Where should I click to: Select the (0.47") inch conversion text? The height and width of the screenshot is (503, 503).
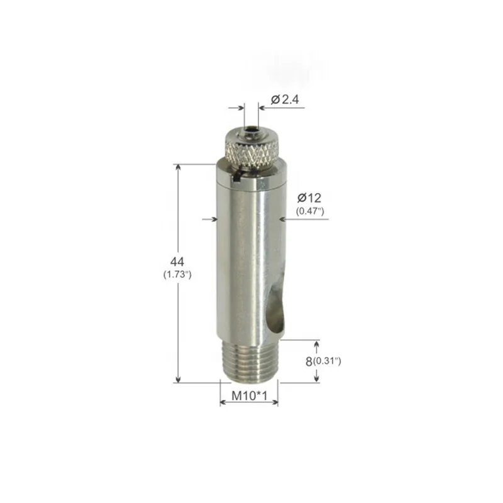coord(309,211)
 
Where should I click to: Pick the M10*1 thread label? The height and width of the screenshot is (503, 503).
coord(249,396)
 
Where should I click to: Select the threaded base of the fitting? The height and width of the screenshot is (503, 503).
coord(249,361)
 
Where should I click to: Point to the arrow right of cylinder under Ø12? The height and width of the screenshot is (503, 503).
coord(283,219)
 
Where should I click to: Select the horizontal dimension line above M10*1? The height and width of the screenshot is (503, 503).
coord(249,403)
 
